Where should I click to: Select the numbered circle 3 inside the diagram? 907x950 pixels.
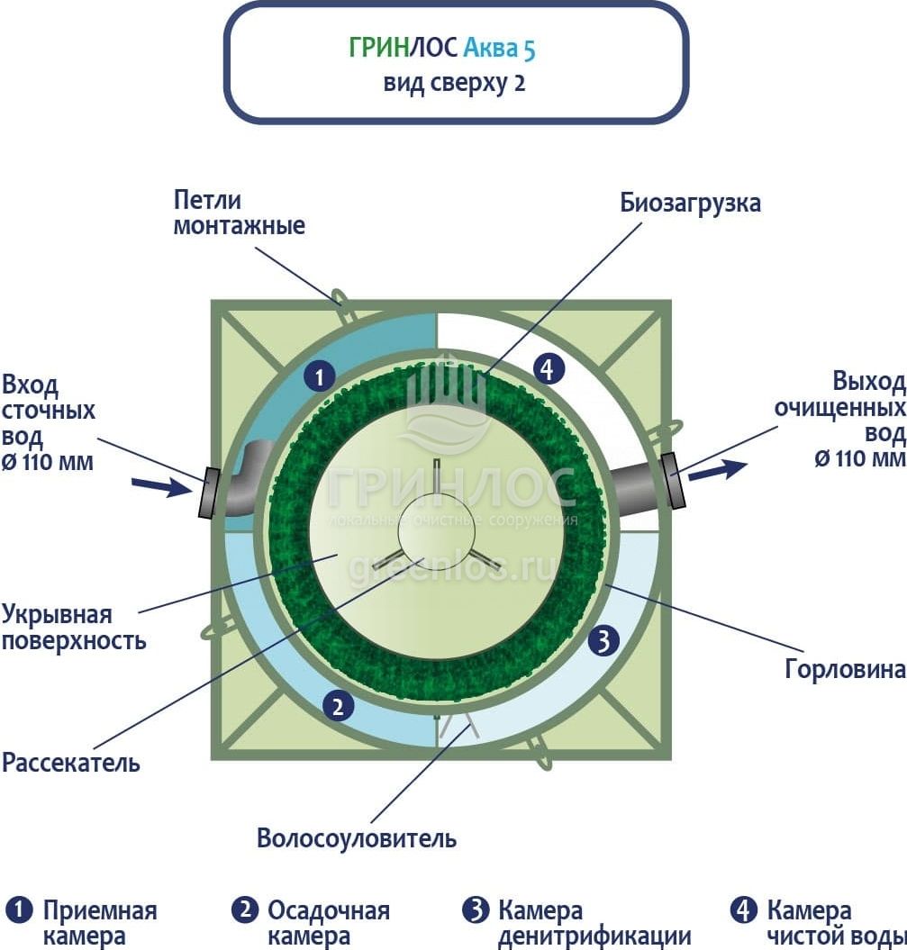(603, 641)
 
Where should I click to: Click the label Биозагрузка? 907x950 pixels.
(690, 203)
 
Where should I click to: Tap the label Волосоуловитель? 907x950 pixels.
(357, 838)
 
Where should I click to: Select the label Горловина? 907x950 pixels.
(844, 669)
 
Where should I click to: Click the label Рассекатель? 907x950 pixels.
(71, 763)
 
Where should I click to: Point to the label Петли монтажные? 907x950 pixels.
(239, 213)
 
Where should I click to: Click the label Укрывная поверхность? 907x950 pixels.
(73, 628)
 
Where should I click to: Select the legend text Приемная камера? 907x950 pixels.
(99, 923)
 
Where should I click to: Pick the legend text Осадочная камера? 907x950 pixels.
(328, 923)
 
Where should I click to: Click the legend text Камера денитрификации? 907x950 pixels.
(594, 923)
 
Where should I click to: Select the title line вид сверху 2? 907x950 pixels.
(455, 84)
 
